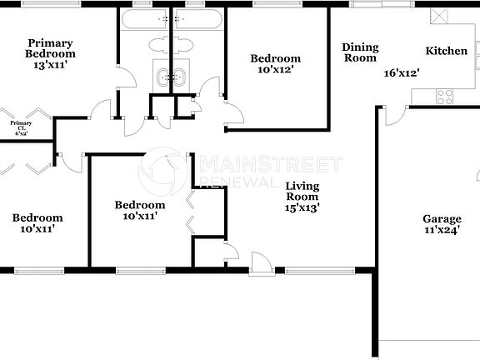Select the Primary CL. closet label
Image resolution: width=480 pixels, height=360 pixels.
click(x=21, y=129)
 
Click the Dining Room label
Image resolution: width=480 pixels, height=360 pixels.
click(x=360, y=52)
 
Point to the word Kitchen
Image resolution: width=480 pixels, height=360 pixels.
click(x=447, y=52)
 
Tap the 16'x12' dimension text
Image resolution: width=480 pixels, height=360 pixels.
click(x=401, y=73)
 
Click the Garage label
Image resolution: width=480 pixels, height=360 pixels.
click(x=442, y=219)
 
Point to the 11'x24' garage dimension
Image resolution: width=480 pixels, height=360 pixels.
click(x=442, y=234)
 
